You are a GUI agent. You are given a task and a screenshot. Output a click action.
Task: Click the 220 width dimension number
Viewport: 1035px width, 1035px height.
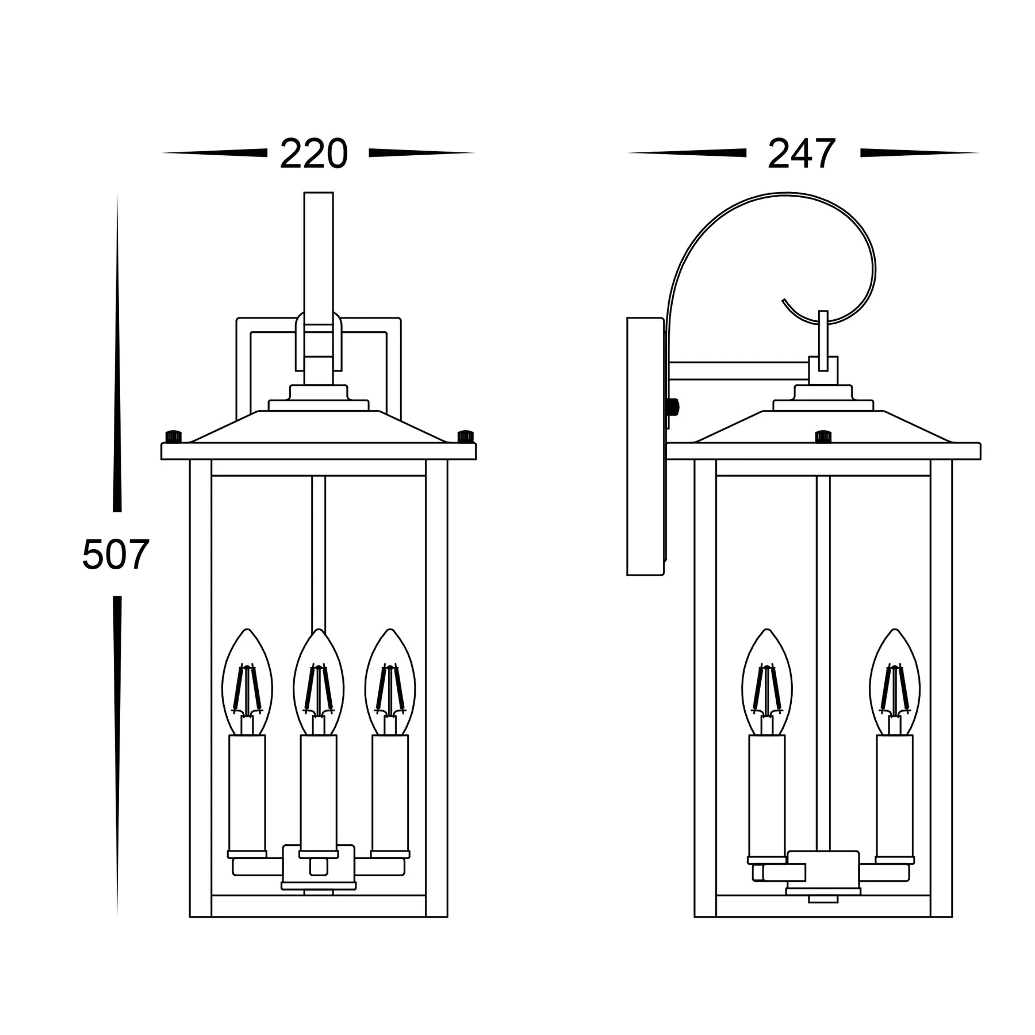313,154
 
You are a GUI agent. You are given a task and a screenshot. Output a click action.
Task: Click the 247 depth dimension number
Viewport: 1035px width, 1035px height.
801,154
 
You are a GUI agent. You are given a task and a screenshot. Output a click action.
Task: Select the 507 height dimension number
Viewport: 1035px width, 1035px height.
116,554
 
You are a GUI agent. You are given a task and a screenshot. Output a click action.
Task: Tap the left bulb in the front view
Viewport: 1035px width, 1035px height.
247,681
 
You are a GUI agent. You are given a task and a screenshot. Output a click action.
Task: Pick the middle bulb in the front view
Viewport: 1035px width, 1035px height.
319,681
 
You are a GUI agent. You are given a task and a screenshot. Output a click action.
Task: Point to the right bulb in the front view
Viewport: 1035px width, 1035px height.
390,681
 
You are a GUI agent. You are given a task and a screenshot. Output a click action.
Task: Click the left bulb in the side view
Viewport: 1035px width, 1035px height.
767,681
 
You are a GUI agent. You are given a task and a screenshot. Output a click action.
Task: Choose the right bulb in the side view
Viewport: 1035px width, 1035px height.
895,681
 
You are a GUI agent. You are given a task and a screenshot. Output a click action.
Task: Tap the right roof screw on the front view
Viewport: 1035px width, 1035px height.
466,436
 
